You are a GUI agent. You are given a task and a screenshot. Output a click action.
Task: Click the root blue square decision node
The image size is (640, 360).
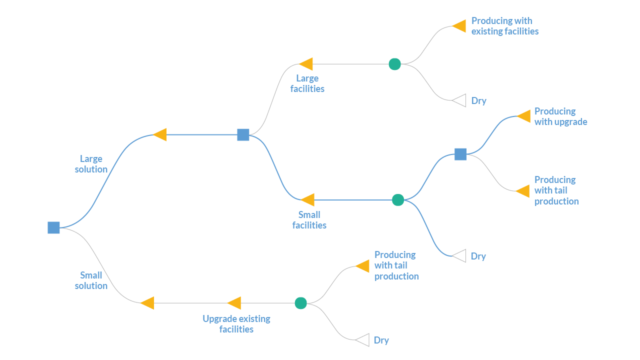pos(53,227)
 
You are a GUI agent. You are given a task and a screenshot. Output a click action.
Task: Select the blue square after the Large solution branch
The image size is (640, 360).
pos(243,134)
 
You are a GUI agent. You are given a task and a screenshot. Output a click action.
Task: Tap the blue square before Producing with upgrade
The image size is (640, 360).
pos(460,154)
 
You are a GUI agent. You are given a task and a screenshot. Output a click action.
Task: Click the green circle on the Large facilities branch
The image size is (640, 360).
pos(394,64)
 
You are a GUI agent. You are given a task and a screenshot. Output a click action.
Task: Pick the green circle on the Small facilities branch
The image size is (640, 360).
pos(398,200)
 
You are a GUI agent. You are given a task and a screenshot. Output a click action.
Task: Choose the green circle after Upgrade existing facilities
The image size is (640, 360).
pos(300,303)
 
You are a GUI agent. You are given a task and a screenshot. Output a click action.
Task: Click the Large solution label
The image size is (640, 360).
pos(91,164)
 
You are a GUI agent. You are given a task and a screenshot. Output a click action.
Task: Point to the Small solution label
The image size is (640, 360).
pos(91,280)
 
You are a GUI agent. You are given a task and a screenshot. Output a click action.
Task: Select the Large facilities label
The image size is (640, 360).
pos(307,83)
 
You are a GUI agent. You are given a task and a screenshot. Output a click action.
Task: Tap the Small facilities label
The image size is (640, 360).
pos(309,220)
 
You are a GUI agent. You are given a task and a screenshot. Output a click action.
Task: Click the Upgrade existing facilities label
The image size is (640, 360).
pos(236,324)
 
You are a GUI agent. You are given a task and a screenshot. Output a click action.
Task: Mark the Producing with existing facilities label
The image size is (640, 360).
pos(505,26)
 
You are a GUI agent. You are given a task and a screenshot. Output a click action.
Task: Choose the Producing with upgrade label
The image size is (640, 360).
pos(560,116)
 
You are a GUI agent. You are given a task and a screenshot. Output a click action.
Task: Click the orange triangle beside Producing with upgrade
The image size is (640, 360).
pos(524,116)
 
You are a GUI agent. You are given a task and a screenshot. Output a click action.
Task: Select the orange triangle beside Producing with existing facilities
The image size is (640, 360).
pos(459,26)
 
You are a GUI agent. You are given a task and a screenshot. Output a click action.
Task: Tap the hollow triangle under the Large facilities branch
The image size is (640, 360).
pos(459,100)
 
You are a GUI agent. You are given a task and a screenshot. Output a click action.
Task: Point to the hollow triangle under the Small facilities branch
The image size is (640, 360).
pos(459,256)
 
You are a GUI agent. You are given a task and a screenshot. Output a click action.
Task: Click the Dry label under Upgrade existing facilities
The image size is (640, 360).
pos(381,340)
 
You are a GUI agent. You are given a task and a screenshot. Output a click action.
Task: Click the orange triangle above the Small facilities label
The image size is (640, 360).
pos(308,200)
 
